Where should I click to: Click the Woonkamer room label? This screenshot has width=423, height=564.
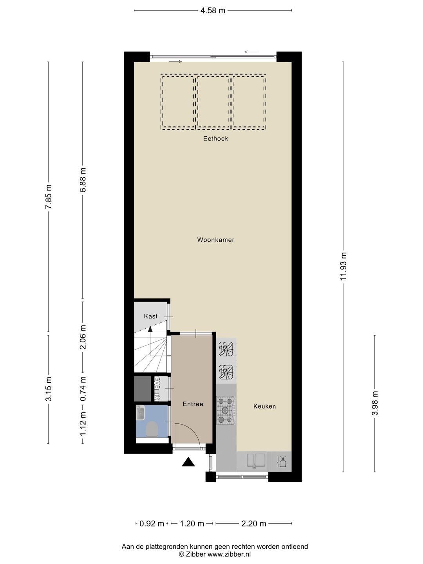215,240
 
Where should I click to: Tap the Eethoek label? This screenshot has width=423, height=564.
215,139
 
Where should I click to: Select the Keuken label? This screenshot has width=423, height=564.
264,407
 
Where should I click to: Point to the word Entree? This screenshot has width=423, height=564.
193,404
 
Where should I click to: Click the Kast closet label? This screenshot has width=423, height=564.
151,316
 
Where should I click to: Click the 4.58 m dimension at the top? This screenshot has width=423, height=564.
213,11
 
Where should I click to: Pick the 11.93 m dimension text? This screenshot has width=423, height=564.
343,266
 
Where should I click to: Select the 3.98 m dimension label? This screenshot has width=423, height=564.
375,403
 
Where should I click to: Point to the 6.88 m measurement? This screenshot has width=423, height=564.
83,180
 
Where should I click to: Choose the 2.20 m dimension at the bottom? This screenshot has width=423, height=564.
254,524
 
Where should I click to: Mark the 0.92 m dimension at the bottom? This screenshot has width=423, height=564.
152,524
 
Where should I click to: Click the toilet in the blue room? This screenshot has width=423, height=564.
152,429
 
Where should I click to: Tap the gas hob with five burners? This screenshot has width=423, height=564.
226,410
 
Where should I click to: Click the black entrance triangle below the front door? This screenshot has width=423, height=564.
188,463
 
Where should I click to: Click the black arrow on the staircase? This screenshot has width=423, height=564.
150,329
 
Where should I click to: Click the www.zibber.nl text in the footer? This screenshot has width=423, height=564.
229,554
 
